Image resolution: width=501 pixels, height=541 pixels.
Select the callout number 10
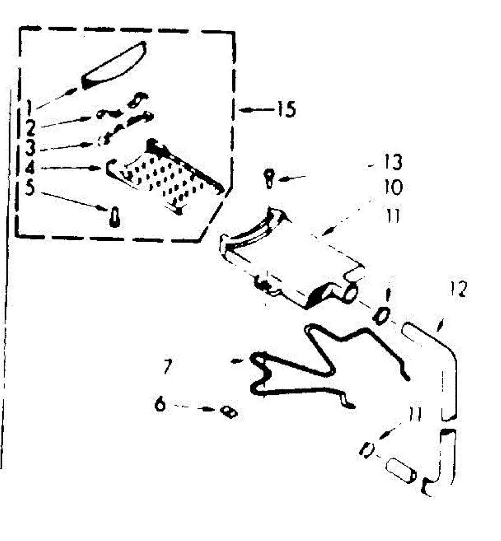click(393, 188)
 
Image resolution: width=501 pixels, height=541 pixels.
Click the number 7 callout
click(167, 367)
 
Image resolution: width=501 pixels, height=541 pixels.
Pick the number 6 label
click(160, 404)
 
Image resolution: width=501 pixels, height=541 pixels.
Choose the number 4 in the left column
click(30, 168)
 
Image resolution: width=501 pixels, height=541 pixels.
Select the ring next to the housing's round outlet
click(381, 315)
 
